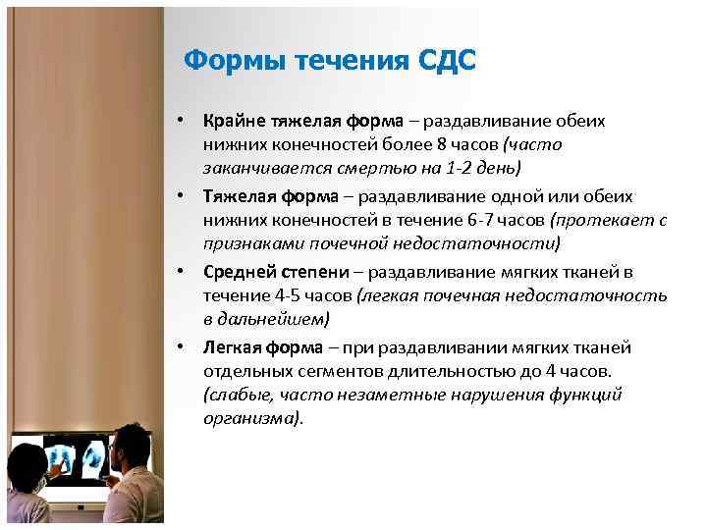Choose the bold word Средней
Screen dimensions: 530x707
[x=237, y=270]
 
